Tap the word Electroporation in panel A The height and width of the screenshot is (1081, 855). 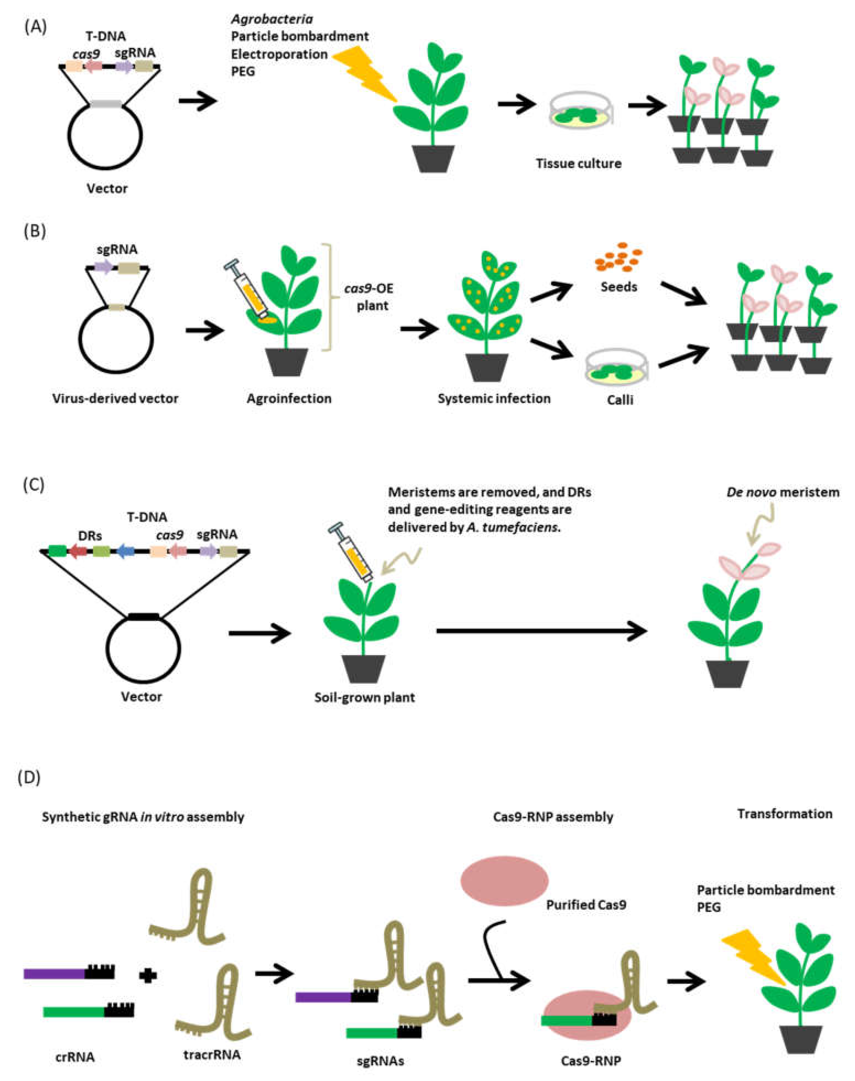pyautogui.click(x=279, y=54)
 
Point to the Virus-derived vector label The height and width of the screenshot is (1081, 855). pyautogui.click(x=115, y=399)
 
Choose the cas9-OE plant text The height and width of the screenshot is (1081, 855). pyautogui.click(x=369, y=297)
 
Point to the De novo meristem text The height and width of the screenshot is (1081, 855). pyautogui.click(x=782, y=492)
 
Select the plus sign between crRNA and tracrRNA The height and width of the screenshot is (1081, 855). pyautogui.click(x=147, y=974)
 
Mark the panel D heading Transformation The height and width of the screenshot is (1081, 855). pyautogui.click(x=784, y=814)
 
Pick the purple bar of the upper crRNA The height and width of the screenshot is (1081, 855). pyautogui.click(x=54, y=973)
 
